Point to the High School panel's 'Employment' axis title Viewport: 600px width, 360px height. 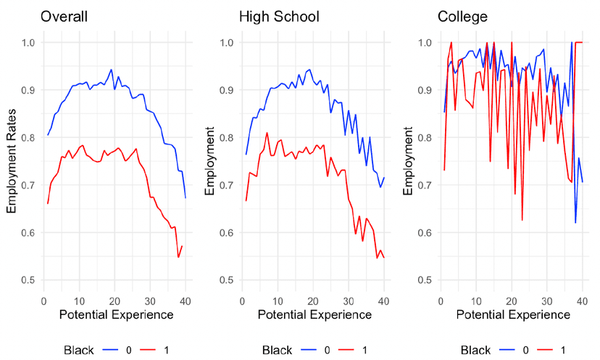click(210, 161)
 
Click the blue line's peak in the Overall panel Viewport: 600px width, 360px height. click(111, 70)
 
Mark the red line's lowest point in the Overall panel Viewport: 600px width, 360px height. click(178, 257)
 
